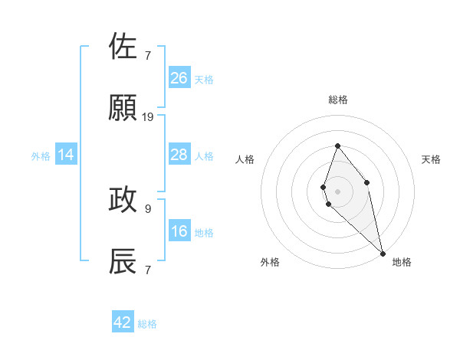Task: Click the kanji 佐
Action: point(123,47)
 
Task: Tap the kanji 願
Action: point(123,109)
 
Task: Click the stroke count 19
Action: point(148,117)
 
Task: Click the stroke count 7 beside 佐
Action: point(148,56)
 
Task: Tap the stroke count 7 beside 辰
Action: point(148,270)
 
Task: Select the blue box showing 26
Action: point(179,77)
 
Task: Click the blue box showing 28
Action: point(179,155)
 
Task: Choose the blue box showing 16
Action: point(179,231)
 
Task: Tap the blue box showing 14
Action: point(66,155)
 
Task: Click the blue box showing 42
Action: point(123,322)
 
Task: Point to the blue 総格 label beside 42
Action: point(147,324)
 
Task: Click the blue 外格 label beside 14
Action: point(41,156)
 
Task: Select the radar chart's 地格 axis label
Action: point(402,262)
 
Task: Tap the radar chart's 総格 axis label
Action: point(338,100)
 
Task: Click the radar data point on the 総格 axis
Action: point(337,146)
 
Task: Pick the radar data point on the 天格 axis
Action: point(367,182)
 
